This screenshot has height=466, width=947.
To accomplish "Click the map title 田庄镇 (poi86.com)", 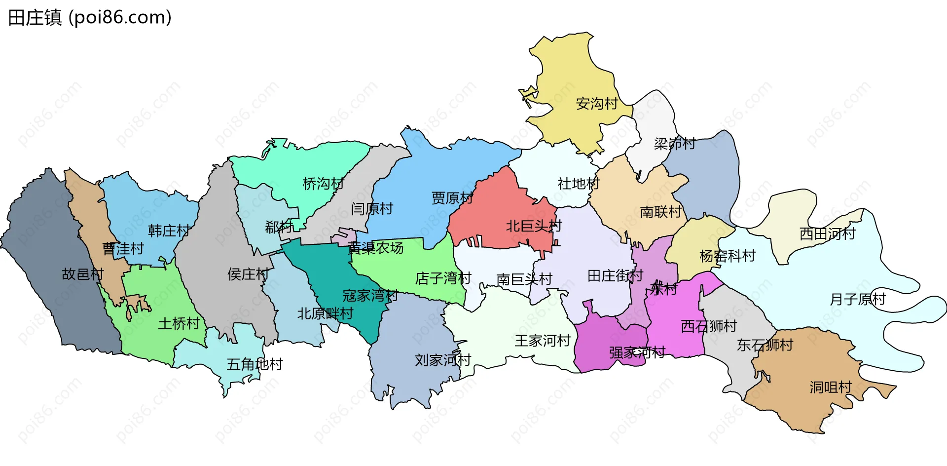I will coord(90,18).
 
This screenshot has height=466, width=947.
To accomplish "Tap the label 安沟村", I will coord(597,104).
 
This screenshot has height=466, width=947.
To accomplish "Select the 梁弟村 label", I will coord(674,144).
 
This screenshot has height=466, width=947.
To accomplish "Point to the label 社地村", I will coord(578,184).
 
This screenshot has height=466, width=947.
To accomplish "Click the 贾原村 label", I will coord(452,198).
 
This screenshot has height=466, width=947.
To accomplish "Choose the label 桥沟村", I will coord(323,184).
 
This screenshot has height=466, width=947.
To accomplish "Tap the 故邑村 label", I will coord(82,274).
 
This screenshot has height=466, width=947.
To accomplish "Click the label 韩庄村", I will coord(169,231).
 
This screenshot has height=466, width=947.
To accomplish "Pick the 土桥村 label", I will coord(179,323).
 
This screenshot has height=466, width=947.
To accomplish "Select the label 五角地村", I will coord(255,364).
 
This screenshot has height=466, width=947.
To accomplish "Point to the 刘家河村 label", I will coord(443,360).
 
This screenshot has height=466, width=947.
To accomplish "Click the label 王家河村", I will coord(543,341).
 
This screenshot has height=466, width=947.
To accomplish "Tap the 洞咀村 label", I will coord(831,387).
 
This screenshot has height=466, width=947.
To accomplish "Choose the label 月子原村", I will coord(858,299).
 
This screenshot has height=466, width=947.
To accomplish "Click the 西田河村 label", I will coord(827,233).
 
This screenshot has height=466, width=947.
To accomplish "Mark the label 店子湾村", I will coord(443,278).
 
